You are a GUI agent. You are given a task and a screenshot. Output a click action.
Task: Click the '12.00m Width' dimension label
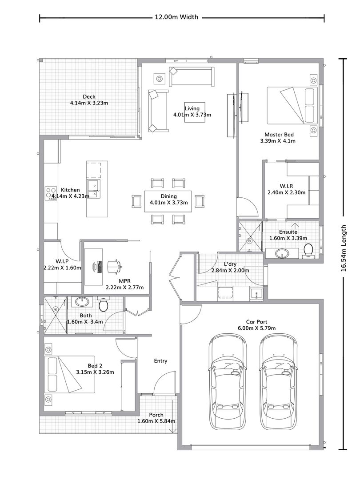coord(176,17)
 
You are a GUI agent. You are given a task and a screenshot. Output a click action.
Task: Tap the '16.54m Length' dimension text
coord(344,248)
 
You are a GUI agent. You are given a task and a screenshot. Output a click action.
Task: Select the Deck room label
coord(89,97)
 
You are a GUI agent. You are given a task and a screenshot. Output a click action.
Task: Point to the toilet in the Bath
coord(103,304)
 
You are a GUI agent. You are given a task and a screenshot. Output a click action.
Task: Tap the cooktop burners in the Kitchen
coord(51,193)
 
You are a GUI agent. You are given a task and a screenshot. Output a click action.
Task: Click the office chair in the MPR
coord(115,266)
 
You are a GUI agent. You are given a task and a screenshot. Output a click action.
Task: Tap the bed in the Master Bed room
coord(292,105)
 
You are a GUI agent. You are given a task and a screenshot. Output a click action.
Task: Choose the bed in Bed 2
coord(69,374)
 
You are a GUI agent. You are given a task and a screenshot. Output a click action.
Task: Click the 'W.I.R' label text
coord(286,186)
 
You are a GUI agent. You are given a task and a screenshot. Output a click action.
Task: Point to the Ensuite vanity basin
coord(282,253)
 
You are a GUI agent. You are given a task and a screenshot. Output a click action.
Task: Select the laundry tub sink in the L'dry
coord(256,294)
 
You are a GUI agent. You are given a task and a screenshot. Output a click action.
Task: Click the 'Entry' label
coord(160,361)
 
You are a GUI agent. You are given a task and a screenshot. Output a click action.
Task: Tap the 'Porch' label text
coord(156,415)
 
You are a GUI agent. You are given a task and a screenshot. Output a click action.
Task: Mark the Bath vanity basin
coord(82,301)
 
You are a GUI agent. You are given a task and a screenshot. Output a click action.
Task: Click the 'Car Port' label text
coord(256,322)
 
